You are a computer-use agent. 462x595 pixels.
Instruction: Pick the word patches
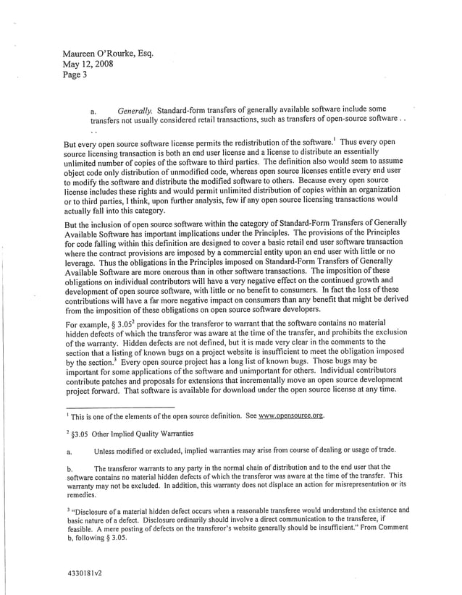tap(123, 379)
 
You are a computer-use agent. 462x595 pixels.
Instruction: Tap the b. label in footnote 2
tap(69, 468)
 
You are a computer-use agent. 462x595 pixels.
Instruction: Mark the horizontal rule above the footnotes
tap(119, 407)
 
